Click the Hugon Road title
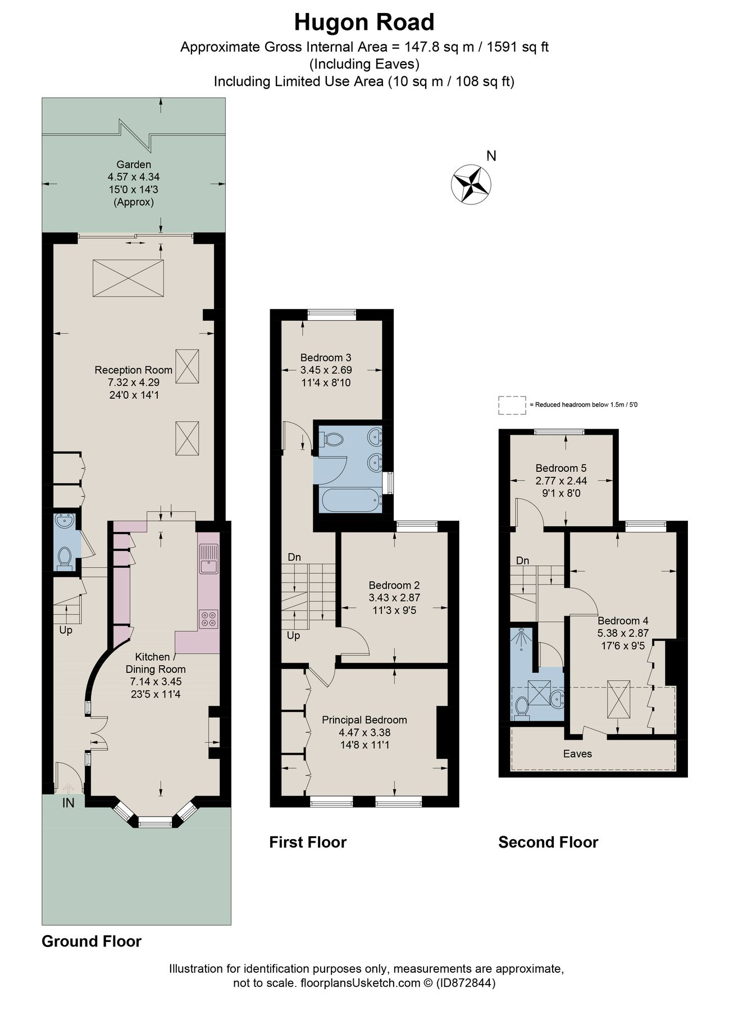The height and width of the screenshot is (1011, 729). point(364,22)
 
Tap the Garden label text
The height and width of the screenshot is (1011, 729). point(134,165)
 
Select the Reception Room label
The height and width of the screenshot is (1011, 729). point(133,370)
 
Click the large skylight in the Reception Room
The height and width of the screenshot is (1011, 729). point(128,277)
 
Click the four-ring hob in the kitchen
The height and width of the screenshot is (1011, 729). point(209,618)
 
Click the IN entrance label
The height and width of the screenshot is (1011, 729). point(68,803)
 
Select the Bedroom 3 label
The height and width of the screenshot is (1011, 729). point(326,357)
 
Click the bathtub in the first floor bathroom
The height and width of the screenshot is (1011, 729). point(350,500)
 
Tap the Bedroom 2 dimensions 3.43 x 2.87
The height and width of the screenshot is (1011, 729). point(394,598)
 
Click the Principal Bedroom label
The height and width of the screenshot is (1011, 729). point(364,719)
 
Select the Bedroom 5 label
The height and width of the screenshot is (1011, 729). point(561,468)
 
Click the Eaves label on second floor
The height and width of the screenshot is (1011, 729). point(577,754)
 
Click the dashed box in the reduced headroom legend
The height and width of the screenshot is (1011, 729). point(512,405)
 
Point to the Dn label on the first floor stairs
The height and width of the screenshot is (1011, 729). point(294,557)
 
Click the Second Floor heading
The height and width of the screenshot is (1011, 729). point(548,842)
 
